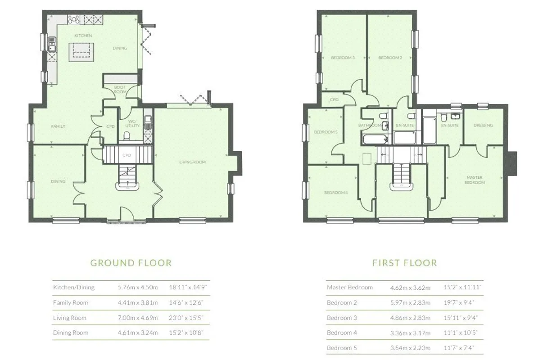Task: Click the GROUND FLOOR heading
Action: click(x=131, y=263)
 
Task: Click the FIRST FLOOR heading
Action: click(x=405, y=263)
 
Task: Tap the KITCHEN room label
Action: click(x=83, y=36)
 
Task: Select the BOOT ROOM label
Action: click(x=120, y=90)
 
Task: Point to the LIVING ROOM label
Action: click(x=192, y=162)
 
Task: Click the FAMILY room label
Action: click(x=58, y=126)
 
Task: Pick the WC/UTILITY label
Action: click(x=132, y=123)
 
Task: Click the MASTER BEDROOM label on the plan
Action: click(x=475, y=180)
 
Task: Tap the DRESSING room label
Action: click(x=483, y=125)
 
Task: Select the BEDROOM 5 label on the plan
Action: click(x=326, y=132)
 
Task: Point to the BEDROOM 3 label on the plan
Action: click(x=343, y=58)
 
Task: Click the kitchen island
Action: click(x=81, y=52)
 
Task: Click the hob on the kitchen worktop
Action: click(x=73, y=19)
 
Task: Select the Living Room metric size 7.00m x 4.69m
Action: click(x=138, y=318)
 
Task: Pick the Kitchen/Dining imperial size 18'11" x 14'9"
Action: click(x=188, y=287)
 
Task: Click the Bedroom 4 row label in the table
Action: click(x=342, y=333)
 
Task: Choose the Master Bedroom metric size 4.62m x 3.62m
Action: click(x=410, y=288)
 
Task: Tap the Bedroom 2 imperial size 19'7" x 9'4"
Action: click(x=459, y=302)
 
